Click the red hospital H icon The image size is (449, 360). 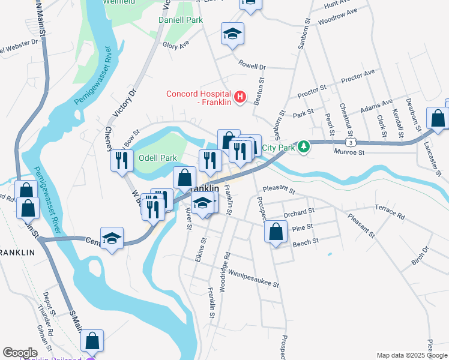click(x=240, y=96)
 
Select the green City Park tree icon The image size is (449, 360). click(x=304, y=147)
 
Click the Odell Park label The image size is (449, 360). click(x=158, y=158)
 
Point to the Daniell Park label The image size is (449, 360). click(x=180, y=20)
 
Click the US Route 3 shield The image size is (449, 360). click(x=351, y=142)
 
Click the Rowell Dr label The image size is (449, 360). click(x=252, y=64)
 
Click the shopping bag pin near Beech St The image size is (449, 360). click(x=275, y=232)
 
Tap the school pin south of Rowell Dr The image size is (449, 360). click(x=232, y=34)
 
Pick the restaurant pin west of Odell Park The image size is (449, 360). click(x=121, y=160)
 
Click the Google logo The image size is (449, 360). click(x=20, y=353)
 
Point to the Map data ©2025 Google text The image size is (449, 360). click(x=412, y=355)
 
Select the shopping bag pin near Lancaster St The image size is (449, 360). click(x=438, y=118)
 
